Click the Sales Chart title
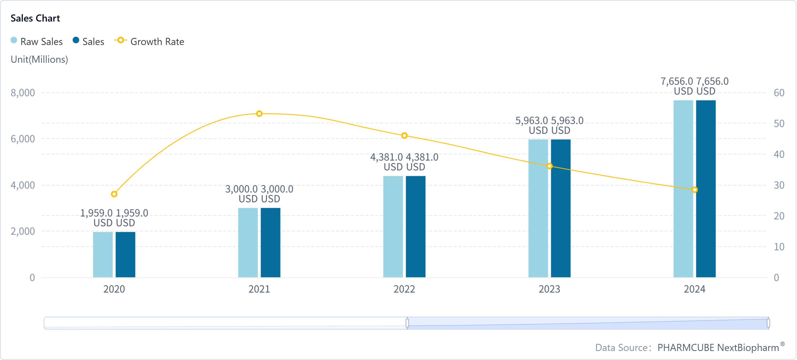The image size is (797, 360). [35, 18]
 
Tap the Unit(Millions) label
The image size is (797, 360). [39, 59]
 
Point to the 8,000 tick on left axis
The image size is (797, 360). [23, 92]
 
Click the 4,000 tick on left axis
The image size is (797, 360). [23, 185]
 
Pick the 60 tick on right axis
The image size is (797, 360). [779, 92]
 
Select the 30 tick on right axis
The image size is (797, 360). [779, 185]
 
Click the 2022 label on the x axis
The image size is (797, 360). [404, 289]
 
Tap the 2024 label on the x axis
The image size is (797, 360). [694, 289]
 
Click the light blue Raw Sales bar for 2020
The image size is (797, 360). [103, 254]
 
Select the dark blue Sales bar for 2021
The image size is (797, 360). [270, 242]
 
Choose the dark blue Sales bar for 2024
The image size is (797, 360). [706, 188]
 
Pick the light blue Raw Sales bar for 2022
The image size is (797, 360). [393, 227]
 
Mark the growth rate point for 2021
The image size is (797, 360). [259, 114]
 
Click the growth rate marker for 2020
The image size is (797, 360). [114, 194]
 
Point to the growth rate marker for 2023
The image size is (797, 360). [550, 166]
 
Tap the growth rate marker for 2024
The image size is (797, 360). [695, 190]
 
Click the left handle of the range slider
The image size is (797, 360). [407, 323]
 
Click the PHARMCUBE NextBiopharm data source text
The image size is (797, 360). [718, 348]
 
